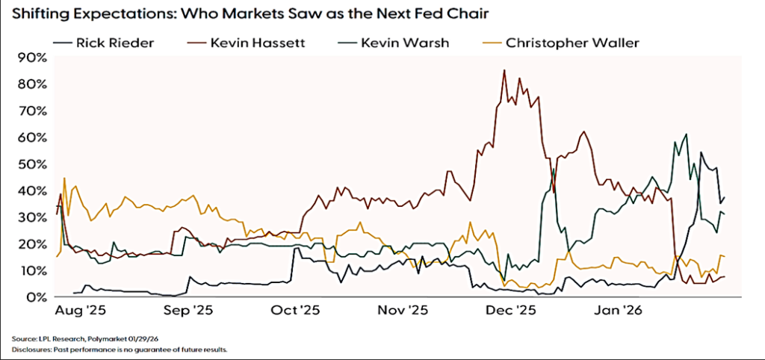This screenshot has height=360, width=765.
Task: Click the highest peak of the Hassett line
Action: click(x=504, y=70)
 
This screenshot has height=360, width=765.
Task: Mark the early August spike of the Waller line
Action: click(x=64, y=179)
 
